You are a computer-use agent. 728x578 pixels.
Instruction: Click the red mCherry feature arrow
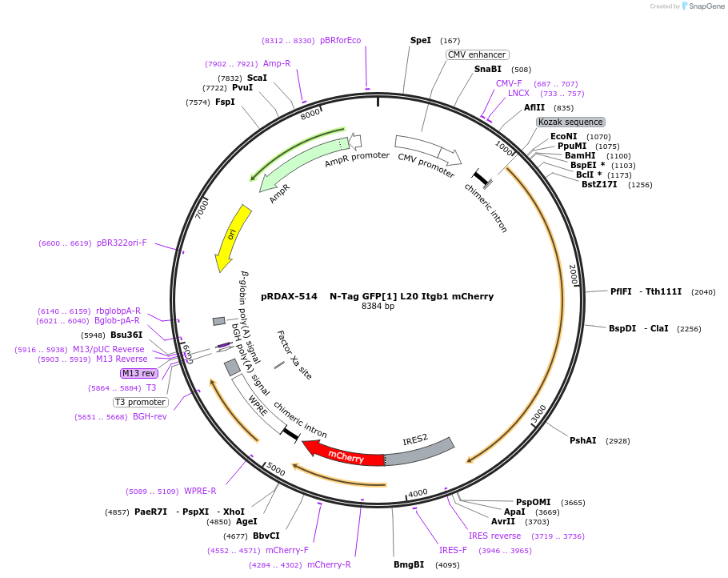point(344,455)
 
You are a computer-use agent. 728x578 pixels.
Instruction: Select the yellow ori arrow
point(232,236)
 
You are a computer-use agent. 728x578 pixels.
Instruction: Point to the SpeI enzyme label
point(420,40)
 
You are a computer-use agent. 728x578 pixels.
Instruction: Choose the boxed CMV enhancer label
point(476,54)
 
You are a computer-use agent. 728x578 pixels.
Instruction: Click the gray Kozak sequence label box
point(570,122)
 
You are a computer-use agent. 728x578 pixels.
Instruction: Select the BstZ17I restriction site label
point(599,185)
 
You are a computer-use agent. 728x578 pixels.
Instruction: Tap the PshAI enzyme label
point(582,440)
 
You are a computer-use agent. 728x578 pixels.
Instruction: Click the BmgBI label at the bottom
point(409,564)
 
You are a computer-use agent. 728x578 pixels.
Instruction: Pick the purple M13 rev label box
point(139,373)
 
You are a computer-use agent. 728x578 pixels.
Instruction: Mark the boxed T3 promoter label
point(140,402)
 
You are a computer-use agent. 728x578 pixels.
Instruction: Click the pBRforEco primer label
point(340,40)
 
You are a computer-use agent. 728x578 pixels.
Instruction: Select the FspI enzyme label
point(225,102)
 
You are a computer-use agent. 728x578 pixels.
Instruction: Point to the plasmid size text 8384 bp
point(378,307)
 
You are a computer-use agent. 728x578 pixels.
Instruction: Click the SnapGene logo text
point(706,6)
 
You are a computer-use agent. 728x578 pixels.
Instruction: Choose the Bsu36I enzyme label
point(126,335)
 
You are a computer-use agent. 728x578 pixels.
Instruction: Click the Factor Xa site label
point(294,355)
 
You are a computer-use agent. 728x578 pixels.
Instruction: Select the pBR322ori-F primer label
point(122,243)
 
